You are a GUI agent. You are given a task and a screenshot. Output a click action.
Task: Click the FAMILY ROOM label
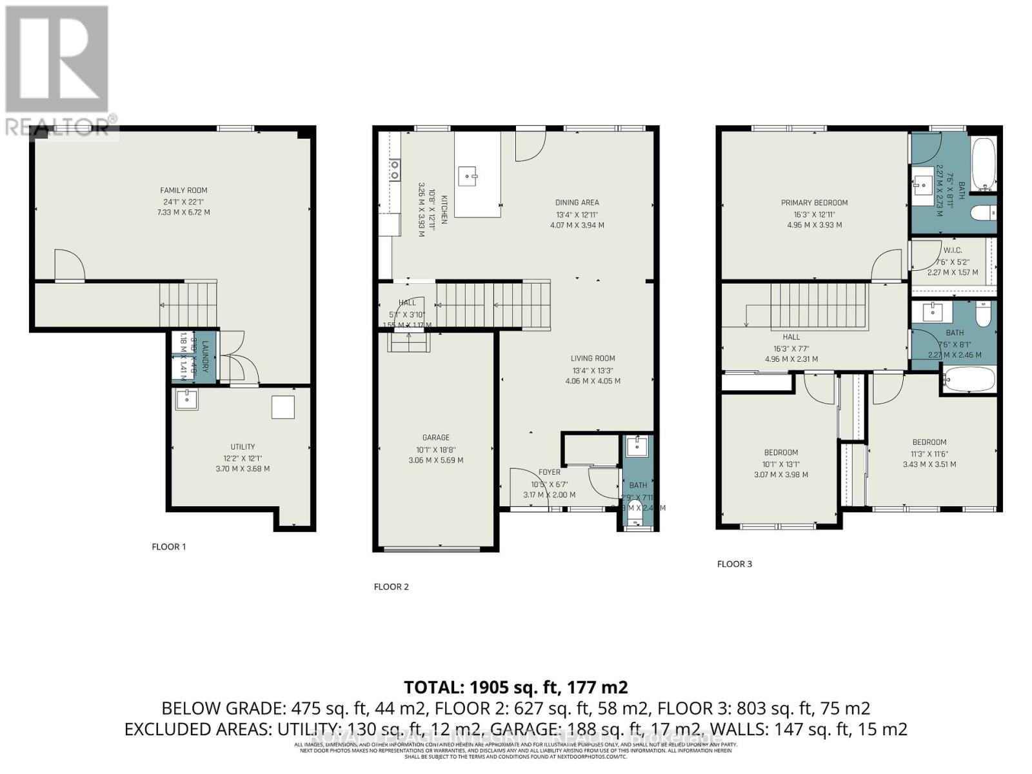pos(184,190)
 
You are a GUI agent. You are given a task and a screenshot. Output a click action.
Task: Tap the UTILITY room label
pos(243,446)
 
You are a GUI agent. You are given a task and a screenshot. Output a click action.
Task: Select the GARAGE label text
pos(436,437)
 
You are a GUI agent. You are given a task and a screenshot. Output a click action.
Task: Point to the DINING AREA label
pos(577,203)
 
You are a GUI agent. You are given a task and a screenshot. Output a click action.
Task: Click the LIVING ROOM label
pos(593,359)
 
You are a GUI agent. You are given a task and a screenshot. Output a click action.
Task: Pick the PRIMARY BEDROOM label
pos(814,203)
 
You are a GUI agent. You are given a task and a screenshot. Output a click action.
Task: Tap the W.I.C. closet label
pos(952,250)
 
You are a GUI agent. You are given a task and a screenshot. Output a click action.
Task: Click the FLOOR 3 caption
pos(735,564)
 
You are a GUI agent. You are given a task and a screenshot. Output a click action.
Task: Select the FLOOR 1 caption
pos(169,546)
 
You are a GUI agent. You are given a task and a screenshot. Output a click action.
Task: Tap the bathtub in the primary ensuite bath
pos(984,164)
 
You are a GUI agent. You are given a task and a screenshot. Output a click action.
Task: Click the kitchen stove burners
pos(394,170)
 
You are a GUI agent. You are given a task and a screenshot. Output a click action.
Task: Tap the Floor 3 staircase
pos(817,307)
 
